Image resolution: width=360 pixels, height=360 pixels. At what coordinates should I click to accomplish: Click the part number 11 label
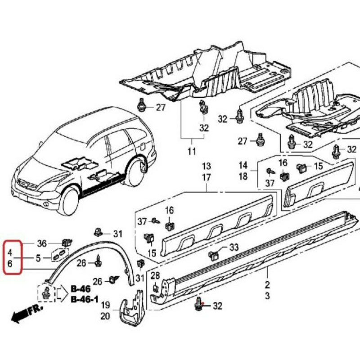coord(192,150)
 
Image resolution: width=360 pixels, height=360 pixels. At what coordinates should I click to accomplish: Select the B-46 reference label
coord(81,289)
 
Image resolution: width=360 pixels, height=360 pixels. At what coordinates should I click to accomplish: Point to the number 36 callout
coord(42,243)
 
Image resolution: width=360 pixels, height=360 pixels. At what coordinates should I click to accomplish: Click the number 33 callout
coord(234,247)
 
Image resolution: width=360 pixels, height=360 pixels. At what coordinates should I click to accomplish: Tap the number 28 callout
coord(155,275)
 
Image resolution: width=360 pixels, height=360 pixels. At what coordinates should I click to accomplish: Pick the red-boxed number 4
coord(10,247)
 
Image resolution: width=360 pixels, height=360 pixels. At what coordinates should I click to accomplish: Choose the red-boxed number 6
coord(10,265)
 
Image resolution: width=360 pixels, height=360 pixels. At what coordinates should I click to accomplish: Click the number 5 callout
coord(39,258)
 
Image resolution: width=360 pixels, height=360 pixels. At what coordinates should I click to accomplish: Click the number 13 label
coord(206,167)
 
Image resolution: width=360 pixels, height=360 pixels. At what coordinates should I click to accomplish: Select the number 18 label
coord(243,176)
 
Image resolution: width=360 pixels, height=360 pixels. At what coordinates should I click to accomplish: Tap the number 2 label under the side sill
coord(267,284)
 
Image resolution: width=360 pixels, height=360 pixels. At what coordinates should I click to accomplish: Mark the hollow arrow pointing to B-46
coord(61,293)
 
